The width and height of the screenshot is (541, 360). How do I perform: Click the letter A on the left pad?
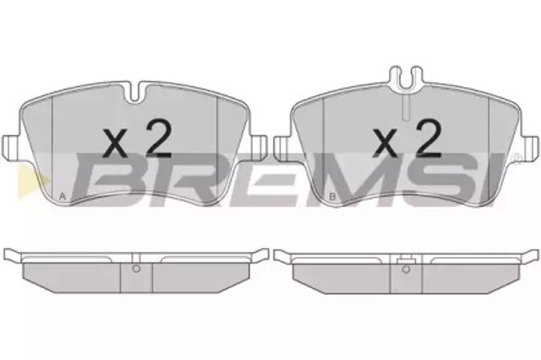(x=62, y=197)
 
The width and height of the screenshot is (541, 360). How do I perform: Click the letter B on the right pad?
(x=332, y=197)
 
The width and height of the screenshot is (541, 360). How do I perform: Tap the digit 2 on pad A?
(x=158, y=139)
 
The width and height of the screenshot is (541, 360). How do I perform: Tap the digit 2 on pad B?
(x=429, y=139)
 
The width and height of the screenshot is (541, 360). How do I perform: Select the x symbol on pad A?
(x=116, y=143)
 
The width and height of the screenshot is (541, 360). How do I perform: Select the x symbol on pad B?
(x=386, y=143)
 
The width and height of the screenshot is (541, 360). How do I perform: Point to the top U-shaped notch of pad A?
(x=135, y=92)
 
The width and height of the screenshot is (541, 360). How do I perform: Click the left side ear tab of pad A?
(x=11, y=147)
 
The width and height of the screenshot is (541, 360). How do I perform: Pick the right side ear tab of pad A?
(x=259, y=147)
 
